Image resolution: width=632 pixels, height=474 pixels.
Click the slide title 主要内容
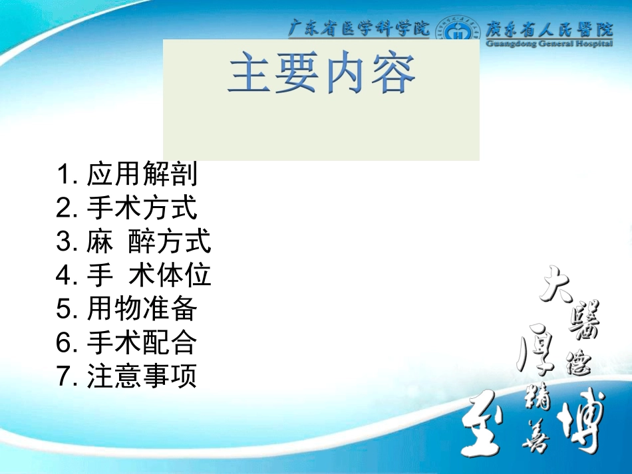pos(321,74)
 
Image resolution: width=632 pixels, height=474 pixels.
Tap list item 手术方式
pos(142,208)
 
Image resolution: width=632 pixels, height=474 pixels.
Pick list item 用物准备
pos(142,308)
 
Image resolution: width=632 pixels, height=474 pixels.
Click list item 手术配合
pos(142,342)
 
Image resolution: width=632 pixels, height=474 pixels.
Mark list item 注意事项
pos(142,376)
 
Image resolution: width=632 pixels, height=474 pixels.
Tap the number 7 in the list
pos(64,377)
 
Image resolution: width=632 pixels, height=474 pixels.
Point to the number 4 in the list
pos(64,275)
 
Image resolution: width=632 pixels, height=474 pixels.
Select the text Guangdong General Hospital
pos(549,44)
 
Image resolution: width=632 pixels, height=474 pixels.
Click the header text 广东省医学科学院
pos(359,29)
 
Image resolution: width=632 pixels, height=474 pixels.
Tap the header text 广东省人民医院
pos(549,29)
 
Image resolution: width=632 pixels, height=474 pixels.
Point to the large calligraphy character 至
pos(488,426)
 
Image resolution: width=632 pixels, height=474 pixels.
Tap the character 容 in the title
pos(394,74)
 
